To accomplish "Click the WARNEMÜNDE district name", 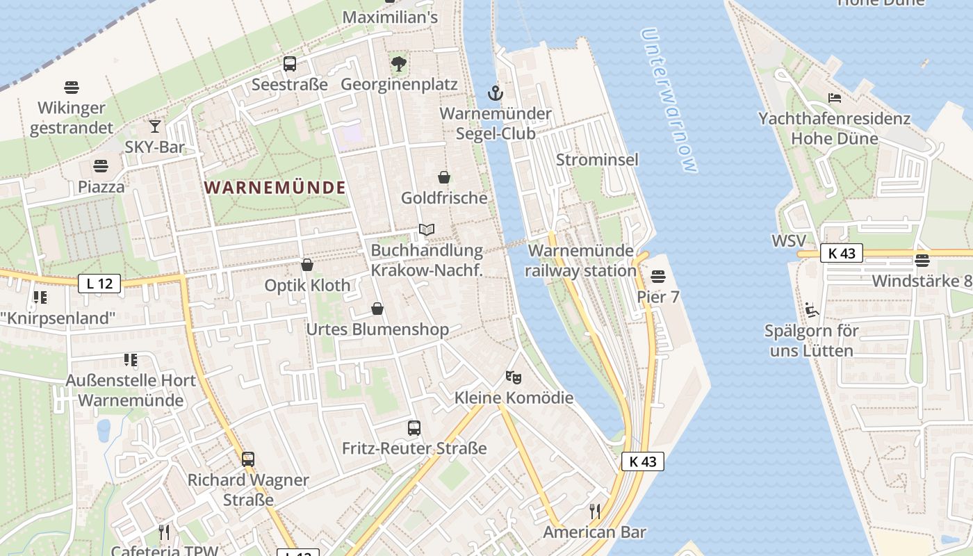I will pos(275,188).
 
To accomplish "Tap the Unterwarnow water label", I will pos(668,101).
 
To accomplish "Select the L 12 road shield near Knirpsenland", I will pos(99,284).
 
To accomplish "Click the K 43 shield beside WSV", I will pos(841,253).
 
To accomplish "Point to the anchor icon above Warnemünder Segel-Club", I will pos(495,92).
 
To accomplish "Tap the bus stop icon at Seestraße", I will pos(290,64).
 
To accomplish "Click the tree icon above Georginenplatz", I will pos(399,64).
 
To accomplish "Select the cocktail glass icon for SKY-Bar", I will pos(154,126).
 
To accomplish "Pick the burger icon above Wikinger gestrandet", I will pos(72,88).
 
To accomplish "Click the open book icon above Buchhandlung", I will pos(427,229).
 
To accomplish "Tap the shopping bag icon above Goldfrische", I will pos(444,177).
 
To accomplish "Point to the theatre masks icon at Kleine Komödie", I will pos(514,377).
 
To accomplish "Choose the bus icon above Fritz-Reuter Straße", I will pos(414,427).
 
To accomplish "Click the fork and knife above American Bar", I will pos(595,512).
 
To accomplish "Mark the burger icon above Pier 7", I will pos(658,277).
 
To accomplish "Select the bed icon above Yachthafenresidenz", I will pos(835,98).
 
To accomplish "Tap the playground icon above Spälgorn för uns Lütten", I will pos(811,309).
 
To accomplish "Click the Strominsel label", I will pos(597,160).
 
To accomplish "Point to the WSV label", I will pos(789,241).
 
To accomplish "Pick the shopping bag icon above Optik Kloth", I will pos(307,265).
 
